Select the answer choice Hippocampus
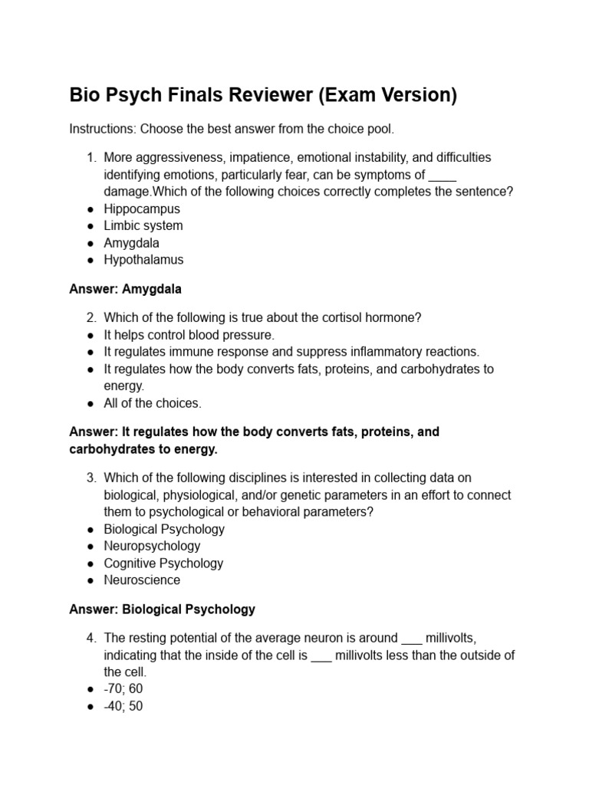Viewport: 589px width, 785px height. tap(142, 209)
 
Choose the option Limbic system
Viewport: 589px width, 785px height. tap(143, 225)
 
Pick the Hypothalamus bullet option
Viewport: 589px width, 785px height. tap(143, 259)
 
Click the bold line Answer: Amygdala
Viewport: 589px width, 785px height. tap(125, 290)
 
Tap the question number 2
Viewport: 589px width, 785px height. tap(90, 317)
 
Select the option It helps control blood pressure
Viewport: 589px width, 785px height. tap(189, 335)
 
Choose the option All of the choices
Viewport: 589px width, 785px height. tap(152, 403)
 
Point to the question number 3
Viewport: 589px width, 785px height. tap(90, 478)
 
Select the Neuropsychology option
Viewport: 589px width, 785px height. tap(152, 546)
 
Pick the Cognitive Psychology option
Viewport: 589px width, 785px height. tap(163, 563)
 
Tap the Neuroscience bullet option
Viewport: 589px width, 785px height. tap(142, 580)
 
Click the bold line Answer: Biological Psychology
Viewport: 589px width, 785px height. tap(162, 609)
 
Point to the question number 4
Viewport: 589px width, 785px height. tap(90, 638)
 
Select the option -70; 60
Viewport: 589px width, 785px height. tap(123, 688)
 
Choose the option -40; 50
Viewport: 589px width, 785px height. tap(123, 705)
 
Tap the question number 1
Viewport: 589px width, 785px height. tap(90, 157)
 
